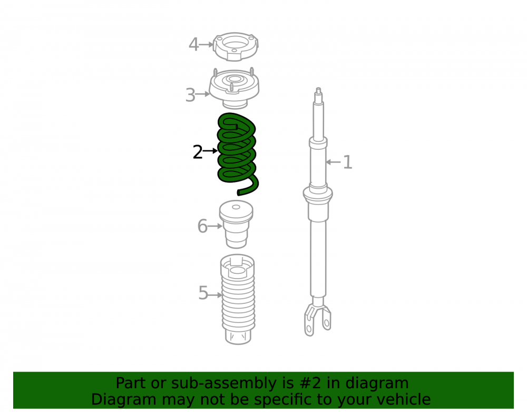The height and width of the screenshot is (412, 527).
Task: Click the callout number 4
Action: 193,44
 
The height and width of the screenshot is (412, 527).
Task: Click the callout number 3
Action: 190,95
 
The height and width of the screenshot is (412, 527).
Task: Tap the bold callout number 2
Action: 198,152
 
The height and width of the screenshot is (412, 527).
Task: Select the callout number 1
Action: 347,162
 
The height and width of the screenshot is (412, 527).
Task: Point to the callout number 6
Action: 202,226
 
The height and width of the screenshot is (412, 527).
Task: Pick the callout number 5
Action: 203,293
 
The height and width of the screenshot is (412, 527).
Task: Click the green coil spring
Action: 237,154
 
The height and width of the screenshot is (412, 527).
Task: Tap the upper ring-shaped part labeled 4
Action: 236,46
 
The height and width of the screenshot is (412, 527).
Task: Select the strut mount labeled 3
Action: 235,89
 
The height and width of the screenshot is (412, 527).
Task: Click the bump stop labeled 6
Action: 236,224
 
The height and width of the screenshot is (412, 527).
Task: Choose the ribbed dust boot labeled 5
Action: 238,299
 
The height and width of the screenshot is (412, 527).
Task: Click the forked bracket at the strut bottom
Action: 317,320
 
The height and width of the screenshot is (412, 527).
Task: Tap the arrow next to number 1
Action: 333,162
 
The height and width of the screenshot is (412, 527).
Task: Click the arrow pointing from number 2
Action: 210,151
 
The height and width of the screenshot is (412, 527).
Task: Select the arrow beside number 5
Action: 215,295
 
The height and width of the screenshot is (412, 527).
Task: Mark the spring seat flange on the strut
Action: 318,194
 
